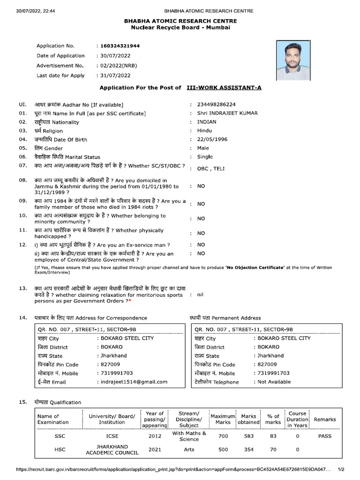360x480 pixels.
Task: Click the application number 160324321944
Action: tap(120, 46)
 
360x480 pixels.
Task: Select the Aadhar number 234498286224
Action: tap(216, 105)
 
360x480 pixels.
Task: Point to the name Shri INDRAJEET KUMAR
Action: tap(227, 113)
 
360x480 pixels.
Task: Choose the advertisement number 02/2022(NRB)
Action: tap(118, 66)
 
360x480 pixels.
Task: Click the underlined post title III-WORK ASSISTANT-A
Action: tap(224, 88)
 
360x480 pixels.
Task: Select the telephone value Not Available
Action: tap(274, 382)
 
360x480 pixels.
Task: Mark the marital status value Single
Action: tap(205, 157)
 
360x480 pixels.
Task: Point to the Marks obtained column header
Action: tap(248, 419)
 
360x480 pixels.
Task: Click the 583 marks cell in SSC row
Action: tap(248, 436)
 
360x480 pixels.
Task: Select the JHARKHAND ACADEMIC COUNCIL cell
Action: tap(112, 450)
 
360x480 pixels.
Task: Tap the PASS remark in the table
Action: tap(324, 436)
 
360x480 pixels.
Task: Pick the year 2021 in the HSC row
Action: tap(155, 450)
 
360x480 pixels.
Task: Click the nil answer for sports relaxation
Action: tap(201, 294)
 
